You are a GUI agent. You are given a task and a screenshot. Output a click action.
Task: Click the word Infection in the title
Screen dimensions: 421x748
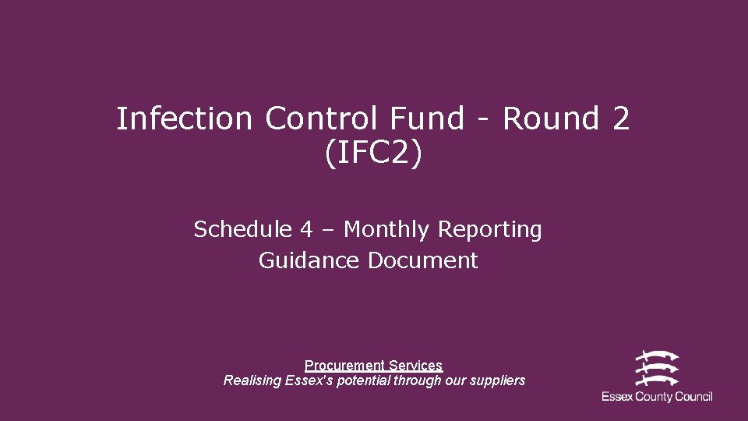click(x=185, y=119)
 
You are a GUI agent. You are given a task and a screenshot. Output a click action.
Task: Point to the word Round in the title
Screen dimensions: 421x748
click(x=550, y=119)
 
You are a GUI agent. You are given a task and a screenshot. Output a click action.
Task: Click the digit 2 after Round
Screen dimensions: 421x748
click(x=620, y=119)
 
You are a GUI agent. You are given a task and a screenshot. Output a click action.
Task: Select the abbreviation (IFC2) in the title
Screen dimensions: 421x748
click(x=373, y=154)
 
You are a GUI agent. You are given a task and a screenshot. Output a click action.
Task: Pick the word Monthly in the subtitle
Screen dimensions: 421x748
click(x=388, y=231)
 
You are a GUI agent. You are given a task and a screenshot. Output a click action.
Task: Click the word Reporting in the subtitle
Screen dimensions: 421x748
click(x=491, y=231)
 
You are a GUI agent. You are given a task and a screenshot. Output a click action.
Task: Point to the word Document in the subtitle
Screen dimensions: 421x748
click(x=423, y=260)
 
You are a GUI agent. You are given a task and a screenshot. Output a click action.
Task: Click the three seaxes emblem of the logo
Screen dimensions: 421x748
click(x=656, y=367)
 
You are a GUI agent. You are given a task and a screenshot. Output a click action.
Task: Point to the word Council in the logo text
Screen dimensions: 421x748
click(x=693, y=397)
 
